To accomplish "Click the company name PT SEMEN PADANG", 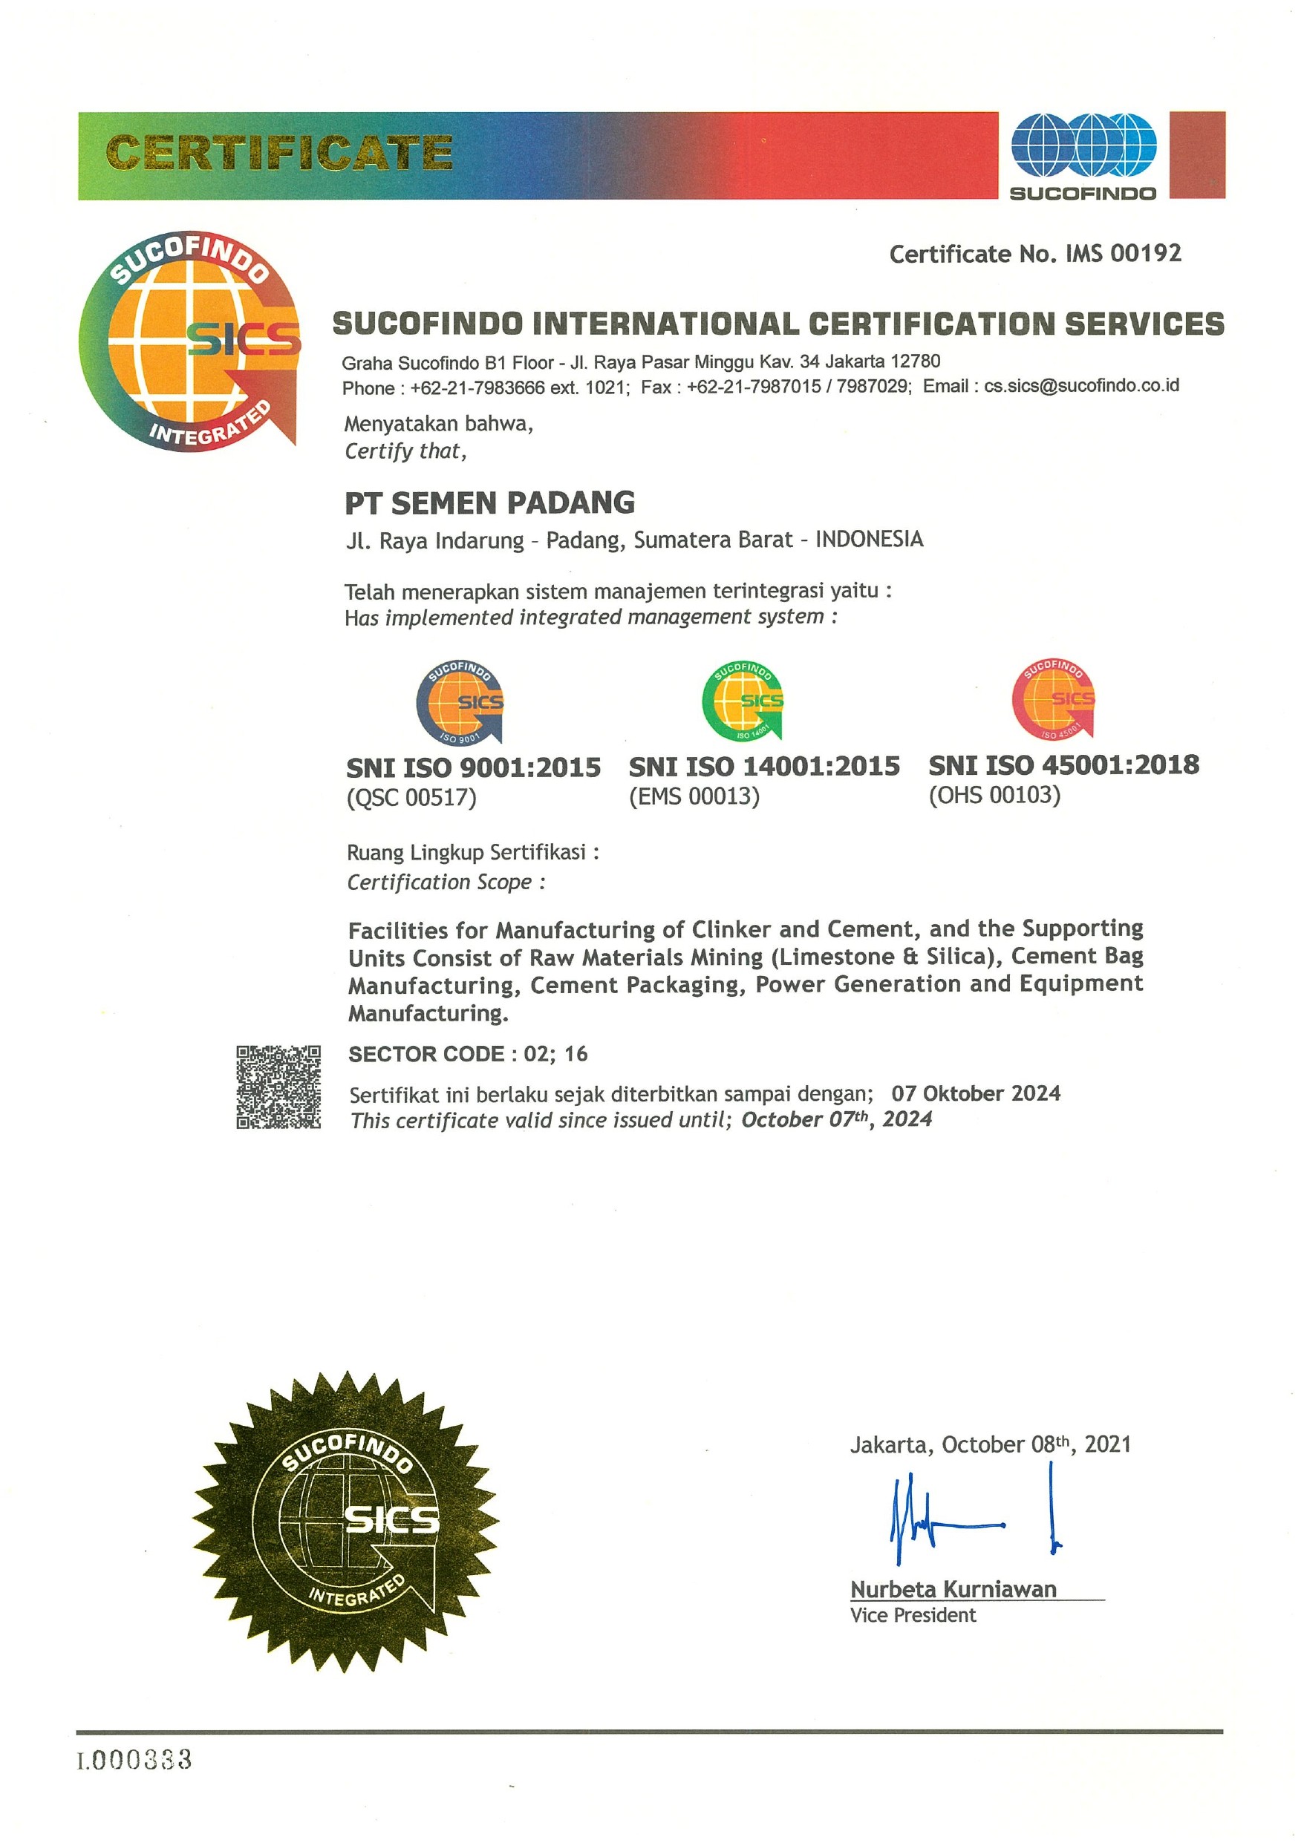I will click(x=490, y=503).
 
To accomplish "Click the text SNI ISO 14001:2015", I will click(x=763, y=767).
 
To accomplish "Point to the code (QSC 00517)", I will click(x=411, y=797).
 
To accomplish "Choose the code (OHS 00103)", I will click(x=994, y=795).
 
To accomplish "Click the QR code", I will click(x=278, y=1087).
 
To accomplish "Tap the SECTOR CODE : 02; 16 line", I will click(x=467, y=1053).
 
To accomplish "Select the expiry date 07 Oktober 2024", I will click(x=976, y=1093).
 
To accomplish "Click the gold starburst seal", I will click(x=346, y=1522).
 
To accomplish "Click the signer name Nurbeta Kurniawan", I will click(x=953, y=1589).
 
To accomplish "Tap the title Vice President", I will click(x=913, y=1615).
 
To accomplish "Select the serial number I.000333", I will click(x=134, y=1761).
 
